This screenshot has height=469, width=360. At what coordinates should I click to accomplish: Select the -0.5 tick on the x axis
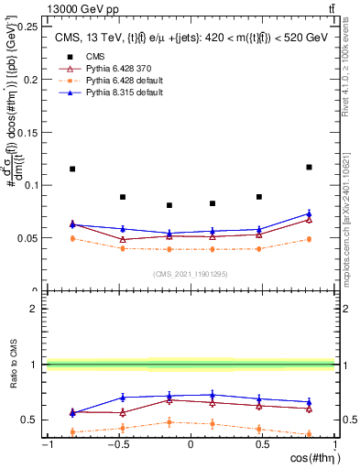click(x=118, y=444)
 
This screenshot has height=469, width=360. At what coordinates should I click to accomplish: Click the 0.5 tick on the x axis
click(x=262, y=444)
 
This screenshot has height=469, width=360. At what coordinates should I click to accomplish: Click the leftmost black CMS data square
click(x=72, y=169)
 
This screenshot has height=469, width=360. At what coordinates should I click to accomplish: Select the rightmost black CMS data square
click(x=309, y=167)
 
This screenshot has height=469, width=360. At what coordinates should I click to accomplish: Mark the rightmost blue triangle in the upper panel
click(x=309, y=214)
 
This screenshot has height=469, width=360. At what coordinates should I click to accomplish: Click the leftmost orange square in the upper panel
click(x=72, y=238)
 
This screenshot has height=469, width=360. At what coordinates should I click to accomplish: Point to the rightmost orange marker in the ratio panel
click(x=309, y=434)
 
